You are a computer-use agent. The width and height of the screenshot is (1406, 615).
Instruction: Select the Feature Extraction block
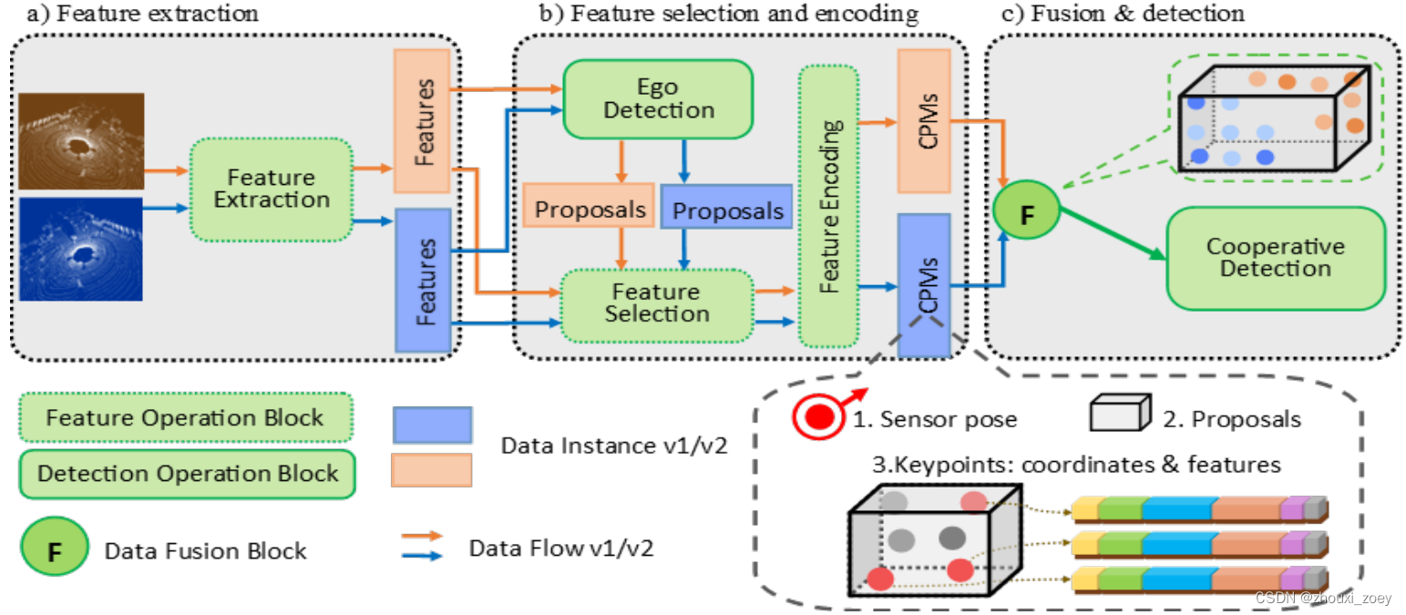click(x=271, y=189)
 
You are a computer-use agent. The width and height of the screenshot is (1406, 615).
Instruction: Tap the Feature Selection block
click(x=656, y=302)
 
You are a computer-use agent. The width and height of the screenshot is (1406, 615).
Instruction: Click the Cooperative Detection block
click(x=1275, y=257)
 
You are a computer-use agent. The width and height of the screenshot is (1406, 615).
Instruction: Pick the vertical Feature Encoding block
click(x=827, y=205)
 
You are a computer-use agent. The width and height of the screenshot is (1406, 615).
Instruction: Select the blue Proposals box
click(x=727, y=210)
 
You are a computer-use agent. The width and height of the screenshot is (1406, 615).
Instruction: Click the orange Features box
click(x=422, y=120)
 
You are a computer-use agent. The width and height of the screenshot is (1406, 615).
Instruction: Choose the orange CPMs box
click(x=924, y=120)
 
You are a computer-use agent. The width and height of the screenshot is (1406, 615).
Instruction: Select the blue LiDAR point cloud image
click(x=80, y=249)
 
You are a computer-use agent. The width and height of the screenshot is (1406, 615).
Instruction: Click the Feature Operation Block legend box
click(x=186, y=418)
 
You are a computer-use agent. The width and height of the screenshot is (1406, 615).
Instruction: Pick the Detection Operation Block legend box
click(x=187, y=474)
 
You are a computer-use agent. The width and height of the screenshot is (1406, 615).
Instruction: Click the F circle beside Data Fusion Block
click(x=55, y=550)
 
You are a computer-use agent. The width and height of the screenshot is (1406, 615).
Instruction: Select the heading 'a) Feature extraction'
click(x=136, y=14)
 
